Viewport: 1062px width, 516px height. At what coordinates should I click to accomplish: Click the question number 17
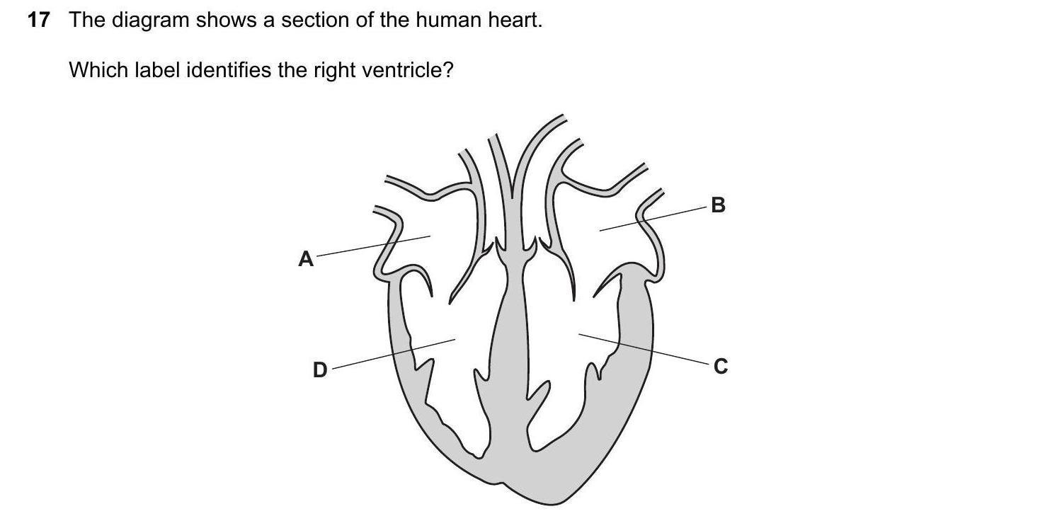pyautogui.click(x=39, y=21)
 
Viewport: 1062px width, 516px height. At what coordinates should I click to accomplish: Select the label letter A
pyautogui.click(x=306, y=259)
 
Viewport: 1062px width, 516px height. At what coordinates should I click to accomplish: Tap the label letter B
pyautogui.click(x=718, y=205)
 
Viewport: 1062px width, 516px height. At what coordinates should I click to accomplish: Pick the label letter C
pyautogui.click(x=721, y=367)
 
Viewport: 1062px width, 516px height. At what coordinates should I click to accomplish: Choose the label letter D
pyautogui.click(x=320, y=369)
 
